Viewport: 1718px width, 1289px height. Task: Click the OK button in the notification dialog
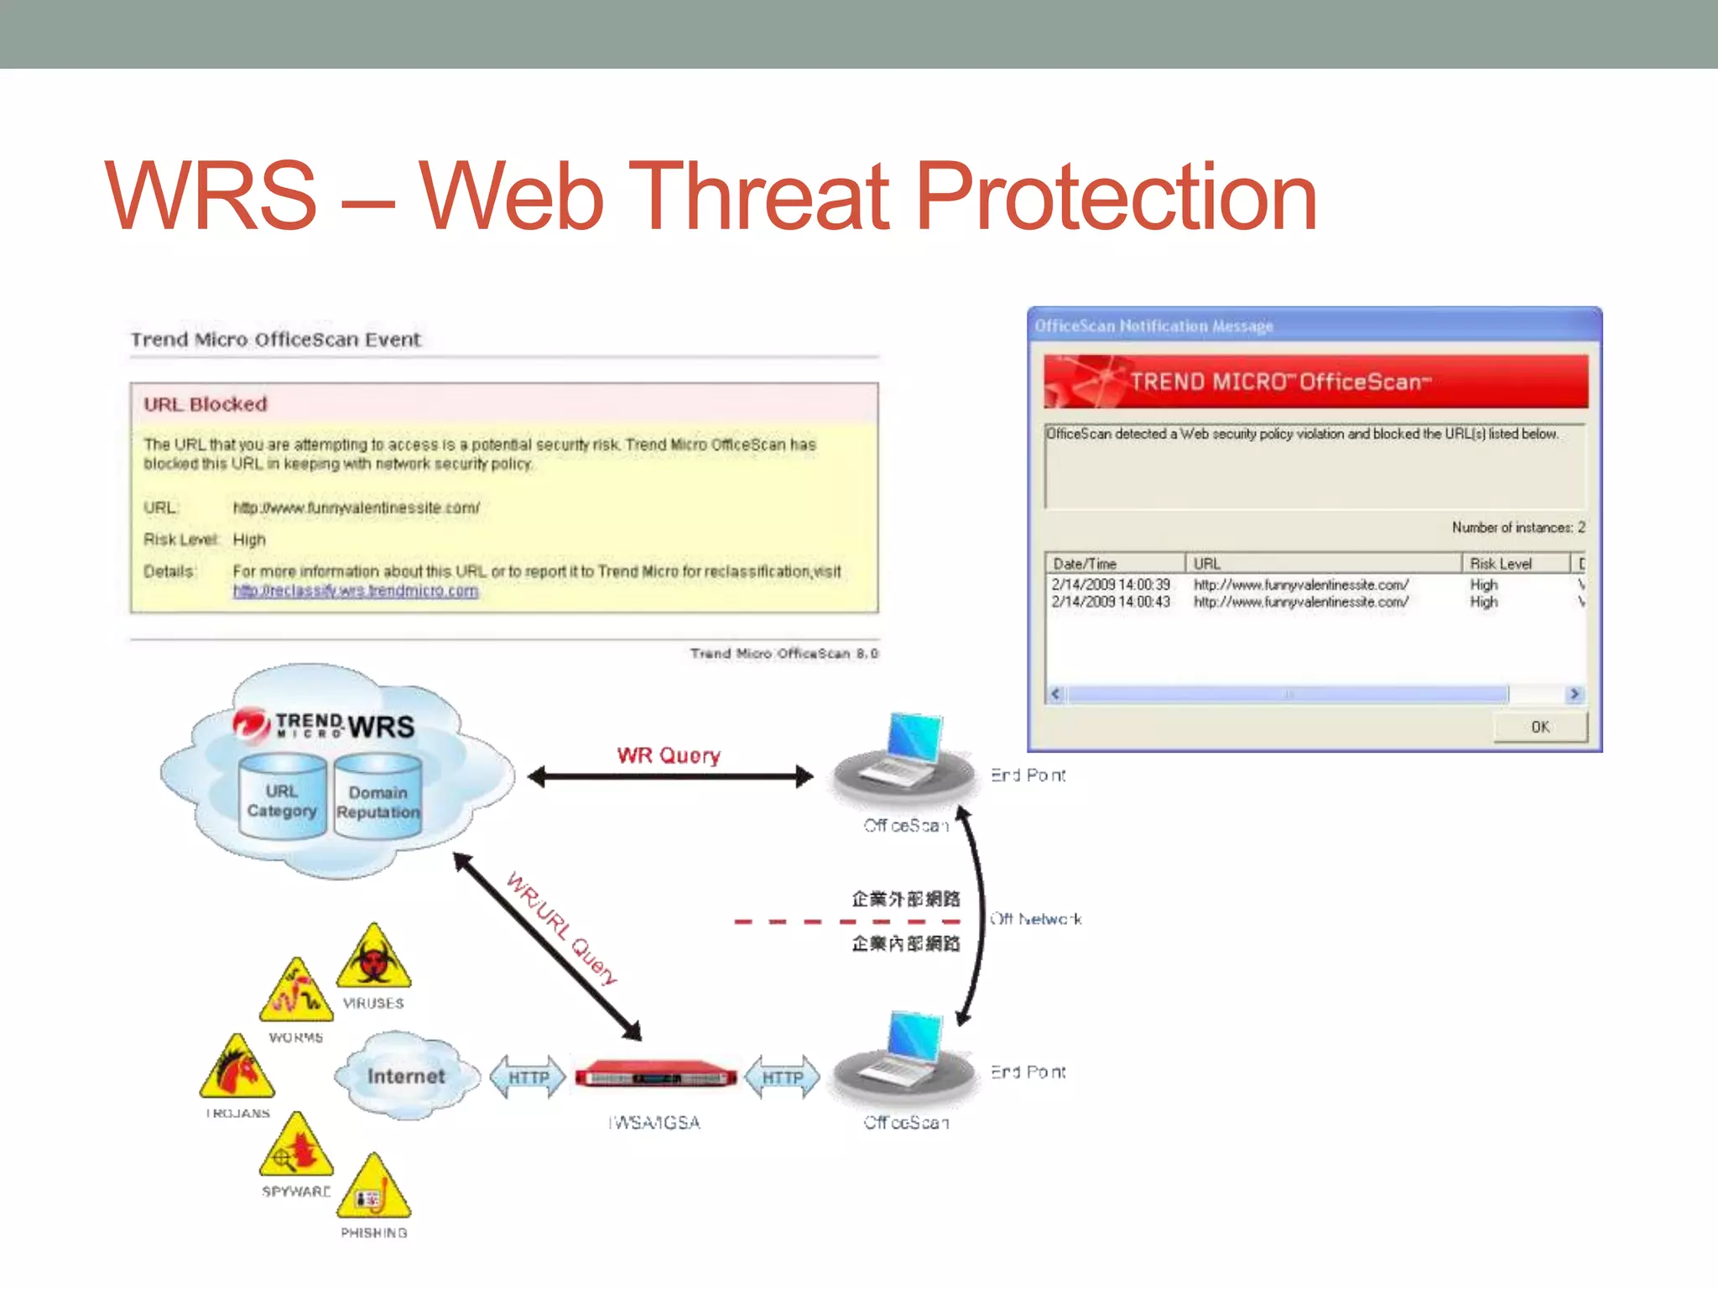click(x=1539, y=727)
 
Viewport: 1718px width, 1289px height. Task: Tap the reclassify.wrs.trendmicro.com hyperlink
click(x=356, y=591)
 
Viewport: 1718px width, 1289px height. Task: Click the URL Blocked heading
click(x=206, y=404)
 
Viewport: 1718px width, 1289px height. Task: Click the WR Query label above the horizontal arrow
click(x=669, y=755)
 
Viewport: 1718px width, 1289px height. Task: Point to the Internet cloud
click(x=406, y=1076)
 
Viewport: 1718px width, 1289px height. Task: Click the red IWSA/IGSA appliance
click(x=655, y=1076)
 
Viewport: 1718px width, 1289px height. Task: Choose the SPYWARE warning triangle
click(x=296, y=1148)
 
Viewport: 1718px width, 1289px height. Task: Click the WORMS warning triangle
click(x=296, y=993)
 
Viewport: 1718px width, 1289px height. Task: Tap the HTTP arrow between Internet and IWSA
click(x=528, y=1077)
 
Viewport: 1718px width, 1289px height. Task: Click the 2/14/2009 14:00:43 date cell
click(x=1110, y=603)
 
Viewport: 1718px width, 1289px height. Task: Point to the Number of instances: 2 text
click(x=1518, y=527)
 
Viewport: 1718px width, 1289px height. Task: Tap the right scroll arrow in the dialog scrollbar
click(x=1574, y=694)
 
